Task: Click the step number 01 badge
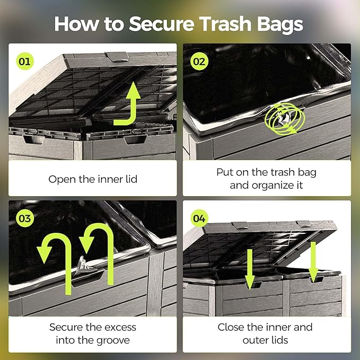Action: click(x=25, y=62)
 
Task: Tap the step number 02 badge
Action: click(x=199, y=62)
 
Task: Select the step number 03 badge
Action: click(x=25, y=218)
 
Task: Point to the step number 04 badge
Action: click(x=199, y=218)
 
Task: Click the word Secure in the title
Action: click(x=161, y=24)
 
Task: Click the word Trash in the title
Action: click(x=225, y=24)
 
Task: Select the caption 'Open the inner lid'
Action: click(x=93, y=179)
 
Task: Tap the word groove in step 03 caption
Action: click(x=113, y=340)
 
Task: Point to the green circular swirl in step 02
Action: click(x=285, y=119)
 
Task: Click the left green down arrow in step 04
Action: click(x=250, y=269)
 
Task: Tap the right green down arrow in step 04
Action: click(x=313, y=262)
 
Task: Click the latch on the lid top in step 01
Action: click(x=117, y=57)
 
